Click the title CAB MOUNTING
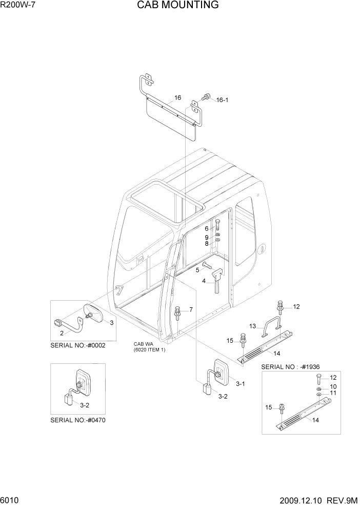click(177, 6)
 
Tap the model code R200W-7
click(18, 6)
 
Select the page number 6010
click(10, 500)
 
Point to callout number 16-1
click(222, 100)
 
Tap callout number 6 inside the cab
click(207, 228)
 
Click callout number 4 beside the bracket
click(204, 281)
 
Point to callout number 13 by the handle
click(252, 326)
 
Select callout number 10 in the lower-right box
click(333, 386)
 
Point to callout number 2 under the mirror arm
click(62, 333)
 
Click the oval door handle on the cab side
click(263, 249)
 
